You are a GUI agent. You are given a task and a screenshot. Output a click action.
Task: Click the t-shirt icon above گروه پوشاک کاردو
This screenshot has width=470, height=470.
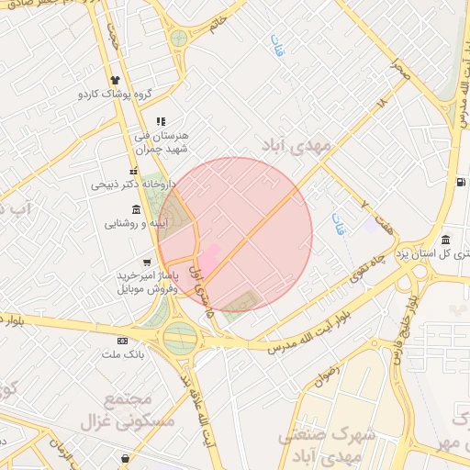pos(115,80)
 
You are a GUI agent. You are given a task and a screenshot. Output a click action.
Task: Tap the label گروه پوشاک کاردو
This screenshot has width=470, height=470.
pos(114,95)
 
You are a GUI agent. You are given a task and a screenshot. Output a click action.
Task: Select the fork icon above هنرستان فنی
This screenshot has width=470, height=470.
pos(161,121)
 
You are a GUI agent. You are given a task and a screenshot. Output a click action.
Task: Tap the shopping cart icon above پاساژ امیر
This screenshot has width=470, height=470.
pos(146,263)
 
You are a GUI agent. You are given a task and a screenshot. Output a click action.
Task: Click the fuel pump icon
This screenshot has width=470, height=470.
pos(460,182)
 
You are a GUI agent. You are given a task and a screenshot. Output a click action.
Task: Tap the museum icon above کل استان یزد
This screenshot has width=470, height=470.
pos(445,240)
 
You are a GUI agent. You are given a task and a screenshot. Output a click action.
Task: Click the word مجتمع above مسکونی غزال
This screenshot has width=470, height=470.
pos(128,400)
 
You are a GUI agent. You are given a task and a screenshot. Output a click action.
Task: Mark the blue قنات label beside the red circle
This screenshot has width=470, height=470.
pos(339,224)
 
